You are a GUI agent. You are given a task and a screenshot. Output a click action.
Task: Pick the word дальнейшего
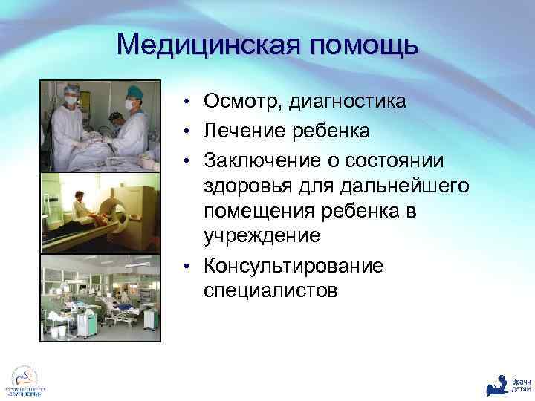(x=394, y=186)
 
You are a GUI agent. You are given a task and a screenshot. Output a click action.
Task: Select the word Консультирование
(x=294, y=265)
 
